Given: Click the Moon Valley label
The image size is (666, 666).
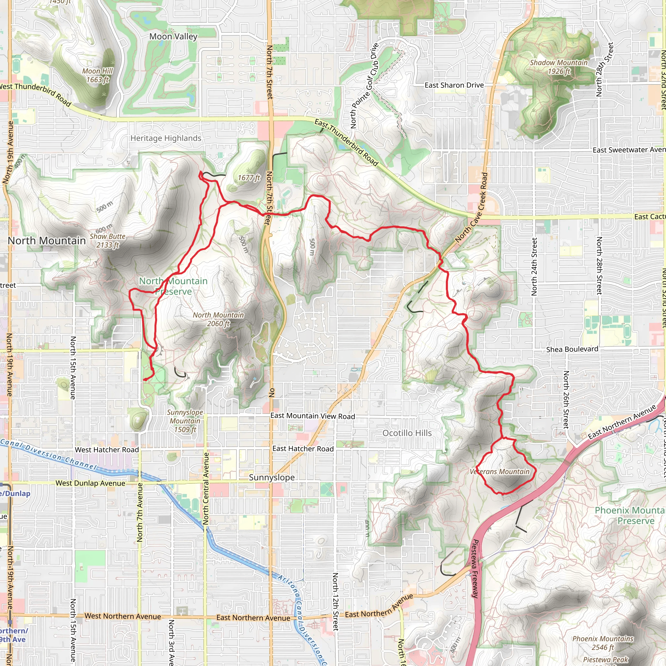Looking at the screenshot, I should tap(173, 36).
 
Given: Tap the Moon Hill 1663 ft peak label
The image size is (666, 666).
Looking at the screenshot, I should tap(98, 75).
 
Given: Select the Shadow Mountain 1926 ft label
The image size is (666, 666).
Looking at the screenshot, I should tap(558, 67).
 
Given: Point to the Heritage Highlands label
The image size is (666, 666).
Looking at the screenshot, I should tap(166, 138).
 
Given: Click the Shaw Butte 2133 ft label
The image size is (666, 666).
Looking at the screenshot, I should tap(108, 241).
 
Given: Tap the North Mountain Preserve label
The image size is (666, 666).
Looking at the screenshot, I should tap(173, 286).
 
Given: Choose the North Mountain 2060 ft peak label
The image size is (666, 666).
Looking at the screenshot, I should tap(218, 319).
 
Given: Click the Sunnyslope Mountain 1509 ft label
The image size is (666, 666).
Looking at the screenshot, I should tap(185, 421).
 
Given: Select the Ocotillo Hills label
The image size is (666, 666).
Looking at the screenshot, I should tap(407, 433).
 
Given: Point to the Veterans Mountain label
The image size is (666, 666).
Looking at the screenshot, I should tap(499, 472).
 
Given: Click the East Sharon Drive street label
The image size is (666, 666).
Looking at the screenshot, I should tap(454, 85).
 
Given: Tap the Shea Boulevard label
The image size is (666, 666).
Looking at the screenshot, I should tap(572, 349).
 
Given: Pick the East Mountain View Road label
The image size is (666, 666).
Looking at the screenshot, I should tap(312, 416).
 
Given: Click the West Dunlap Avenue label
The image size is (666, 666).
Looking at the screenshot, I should tap(90, 483).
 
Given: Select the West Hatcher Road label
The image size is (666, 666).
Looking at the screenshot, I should tap(107, 450).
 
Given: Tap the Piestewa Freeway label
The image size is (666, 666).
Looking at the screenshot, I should tap(475, 569).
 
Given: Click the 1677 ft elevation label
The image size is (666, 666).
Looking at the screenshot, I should tap(249, 178).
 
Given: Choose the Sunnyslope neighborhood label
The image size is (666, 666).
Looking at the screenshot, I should tap(272, 477).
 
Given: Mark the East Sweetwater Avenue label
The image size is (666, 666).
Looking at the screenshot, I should tap(629, 150).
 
